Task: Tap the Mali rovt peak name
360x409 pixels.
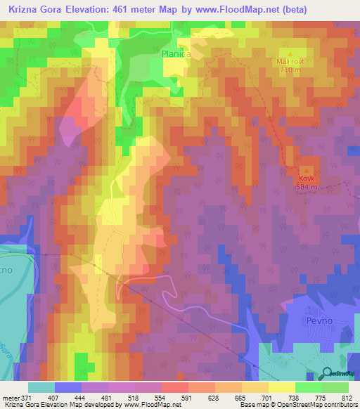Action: tap(290, 61)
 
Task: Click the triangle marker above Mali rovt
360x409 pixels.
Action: tap(290, 53)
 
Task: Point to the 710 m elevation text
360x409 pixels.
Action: tap(290, 70)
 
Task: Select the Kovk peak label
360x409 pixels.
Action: tap(307, 178)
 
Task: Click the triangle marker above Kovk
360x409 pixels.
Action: tap(307, 170)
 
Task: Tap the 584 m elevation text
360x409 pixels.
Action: tap(307, 187)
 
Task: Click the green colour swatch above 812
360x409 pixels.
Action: tap(335, 387)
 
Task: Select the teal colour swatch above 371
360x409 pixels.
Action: tap(41, 387)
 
